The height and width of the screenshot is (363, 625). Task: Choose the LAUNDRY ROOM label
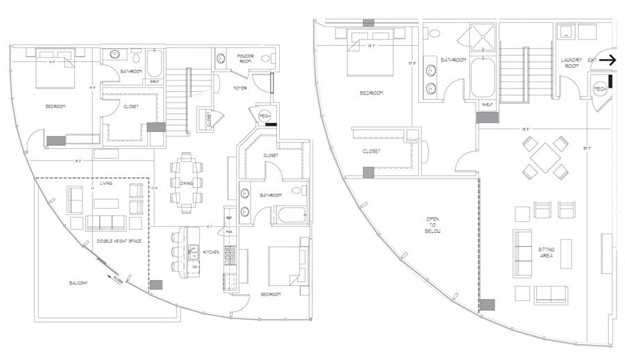click(570, 63)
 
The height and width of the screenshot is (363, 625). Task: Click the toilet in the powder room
click(221, 59)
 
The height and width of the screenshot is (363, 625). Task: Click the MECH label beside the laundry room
click(600, 90)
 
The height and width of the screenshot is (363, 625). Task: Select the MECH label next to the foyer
click(264, 115)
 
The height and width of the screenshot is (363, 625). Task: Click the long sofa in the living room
click(106, 223)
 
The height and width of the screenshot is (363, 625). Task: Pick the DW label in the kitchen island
click(195, 266)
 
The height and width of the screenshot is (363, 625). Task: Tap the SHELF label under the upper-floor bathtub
click(487, 105)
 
